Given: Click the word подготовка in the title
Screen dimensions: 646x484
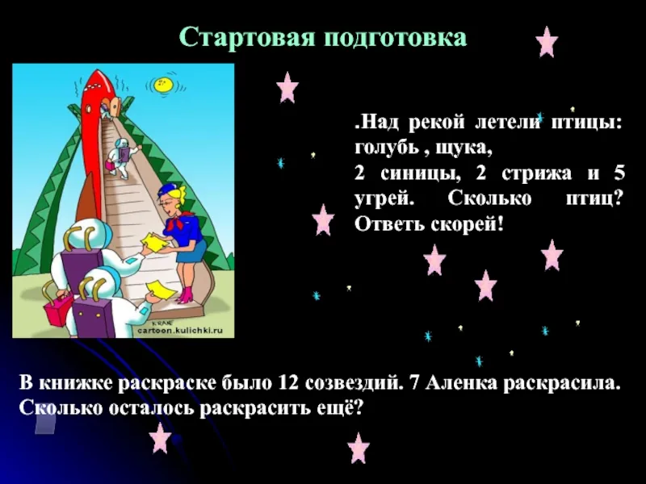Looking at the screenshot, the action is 396,39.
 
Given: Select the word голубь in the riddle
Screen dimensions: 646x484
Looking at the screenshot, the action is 387,148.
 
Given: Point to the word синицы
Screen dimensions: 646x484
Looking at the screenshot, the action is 420,174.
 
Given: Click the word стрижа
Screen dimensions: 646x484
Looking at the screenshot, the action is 537,174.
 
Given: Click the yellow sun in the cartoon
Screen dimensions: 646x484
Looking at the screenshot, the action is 163,85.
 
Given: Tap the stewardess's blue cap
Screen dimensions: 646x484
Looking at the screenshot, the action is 166,191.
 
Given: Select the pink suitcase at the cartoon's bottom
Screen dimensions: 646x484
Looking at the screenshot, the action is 58,311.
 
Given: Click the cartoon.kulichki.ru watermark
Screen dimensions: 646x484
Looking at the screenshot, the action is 180,330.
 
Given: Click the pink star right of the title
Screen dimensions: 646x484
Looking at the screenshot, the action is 547,42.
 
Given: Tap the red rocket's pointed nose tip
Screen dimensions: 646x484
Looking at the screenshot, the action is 97,71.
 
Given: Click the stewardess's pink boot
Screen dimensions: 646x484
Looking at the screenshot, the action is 187,295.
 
